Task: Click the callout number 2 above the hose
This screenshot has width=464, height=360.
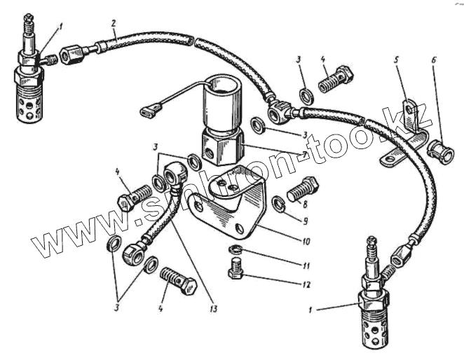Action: tap(114, 24)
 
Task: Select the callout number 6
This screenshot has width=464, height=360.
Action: tap(434, 60)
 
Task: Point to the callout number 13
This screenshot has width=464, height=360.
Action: tap(213, 309)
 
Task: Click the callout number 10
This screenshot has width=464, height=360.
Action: tap(306, 242)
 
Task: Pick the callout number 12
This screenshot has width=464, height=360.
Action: tap(306, 284)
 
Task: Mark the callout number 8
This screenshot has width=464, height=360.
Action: tap(305, 204)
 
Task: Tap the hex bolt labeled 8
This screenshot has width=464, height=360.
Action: tap(302, 188)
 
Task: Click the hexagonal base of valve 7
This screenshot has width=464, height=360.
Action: tap(224, 147)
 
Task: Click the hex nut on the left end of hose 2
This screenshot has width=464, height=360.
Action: tap(72, 54)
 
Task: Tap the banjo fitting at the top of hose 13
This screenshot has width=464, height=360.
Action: tap(174, 174)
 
